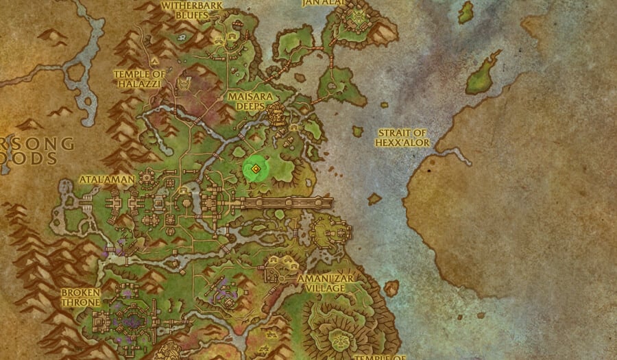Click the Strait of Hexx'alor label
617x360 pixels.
(402, 137)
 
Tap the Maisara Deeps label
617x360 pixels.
(246, 101)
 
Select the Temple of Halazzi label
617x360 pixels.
(139, 78)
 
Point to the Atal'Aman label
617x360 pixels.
(99, 179)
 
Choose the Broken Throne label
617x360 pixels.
(80, 297)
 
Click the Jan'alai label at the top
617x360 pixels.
(322, 3)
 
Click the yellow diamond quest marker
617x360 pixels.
(255, 169)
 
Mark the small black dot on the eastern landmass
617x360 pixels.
(428, 169)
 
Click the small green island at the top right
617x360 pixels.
(466, 12)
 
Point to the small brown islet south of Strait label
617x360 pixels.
(374, 199)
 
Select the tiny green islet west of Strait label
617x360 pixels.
(357, 130)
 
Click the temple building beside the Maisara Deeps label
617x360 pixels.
(277, 115)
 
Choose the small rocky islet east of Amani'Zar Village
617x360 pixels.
(391, 287)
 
